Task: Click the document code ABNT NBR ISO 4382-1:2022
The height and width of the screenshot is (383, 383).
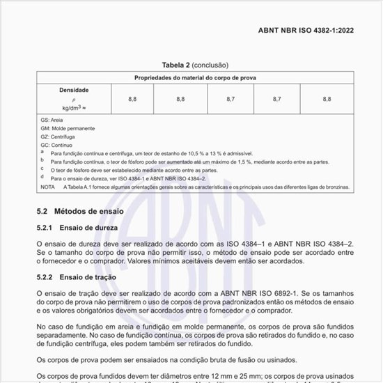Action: pyautogui.click(x=315, y=30)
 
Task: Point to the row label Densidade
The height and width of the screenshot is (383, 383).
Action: pyautogui.click(x=74, y=91)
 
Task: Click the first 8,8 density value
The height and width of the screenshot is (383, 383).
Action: pyautogui.click(x=132, y=100)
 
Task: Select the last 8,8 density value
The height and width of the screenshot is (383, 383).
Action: pyautogui.click(x=327, y=100)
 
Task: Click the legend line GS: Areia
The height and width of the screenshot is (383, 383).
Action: pyautogui.click(x=52, y=120)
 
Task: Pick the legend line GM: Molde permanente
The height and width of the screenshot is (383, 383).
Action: pyautogui.click(x=68, y=129)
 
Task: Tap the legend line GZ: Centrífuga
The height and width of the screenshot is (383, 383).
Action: pyautogui.click(x=58, y=137)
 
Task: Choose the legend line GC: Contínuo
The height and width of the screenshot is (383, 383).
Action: pyautogui.click(x=56, y=146)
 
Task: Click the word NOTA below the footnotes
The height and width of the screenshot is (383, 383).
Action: pyautogui.click(x=47, y=187)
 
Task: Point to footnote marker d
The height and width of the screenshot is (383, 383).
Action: pyautogui.click(x=42, y=178)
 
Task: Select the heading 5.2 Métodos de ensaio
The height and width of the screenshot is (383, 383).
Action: pyautogui.click(x=80, y=210)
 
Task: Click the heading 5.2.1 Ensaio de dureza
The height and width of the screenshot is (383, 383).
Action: pyautogui.click(x=77, y=228)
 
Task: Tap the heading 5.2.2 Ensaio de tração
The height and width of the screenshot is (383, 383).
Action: pyautogui.click(x=77, y=277)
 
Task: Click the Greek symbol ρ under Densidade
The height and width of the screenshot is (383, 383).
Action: pyautogui.click(x=73, y=100)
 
